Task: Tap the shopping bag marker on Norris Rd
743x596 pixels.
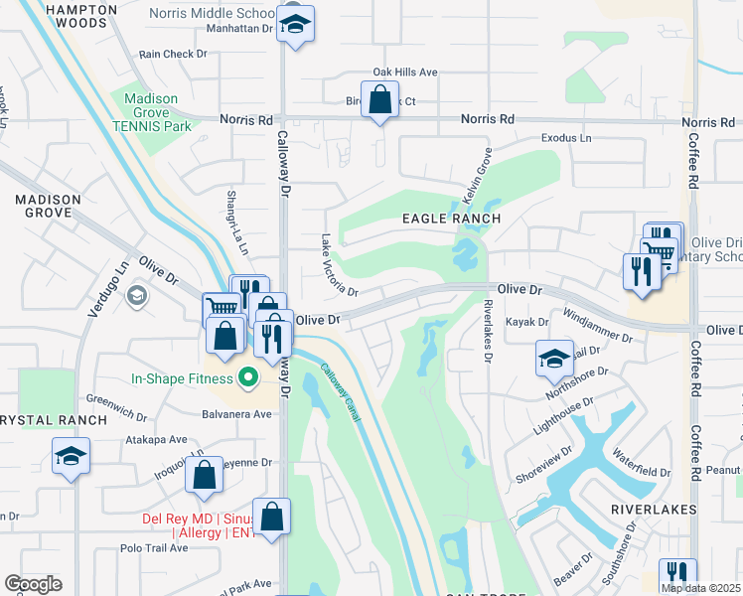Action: (x=378, y=101)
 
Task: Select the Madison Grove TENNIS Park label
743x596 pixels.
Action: (x=150, y=112)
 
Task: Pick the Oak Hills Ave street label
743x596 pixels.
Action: (x=404, y=73)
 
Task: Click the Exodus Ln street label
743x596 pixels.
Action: (x=565, y=138)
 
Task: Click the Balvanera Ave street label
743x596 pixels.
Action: (x=236, y=413)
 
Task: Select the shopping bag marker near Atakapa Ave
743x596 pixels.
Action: (x=204, y=478)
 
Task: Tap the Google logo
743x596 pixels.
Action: (x=33, y=584)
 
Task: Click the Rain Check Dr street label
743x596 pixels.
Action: (x=165, y=55)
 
